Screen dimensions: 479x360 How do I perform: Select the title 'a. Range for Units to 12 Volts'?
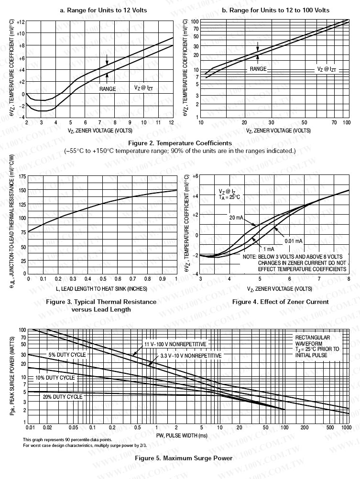[103, 10]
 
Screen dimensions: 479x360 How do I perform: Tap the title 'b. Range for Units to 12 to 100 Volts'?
[276, 10]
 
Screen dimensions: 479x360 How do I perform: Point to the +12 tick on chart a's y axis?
[21, 22]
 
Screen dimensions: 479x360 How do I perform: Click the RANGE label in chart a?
[108, 89]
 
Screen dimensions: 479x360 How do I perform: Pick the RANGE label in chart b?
[258, 69]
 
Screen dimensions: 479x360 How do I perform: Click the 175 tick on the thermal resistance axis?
[22, 176]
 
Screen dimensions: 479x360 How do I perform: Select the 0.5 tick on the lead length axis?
[103, 279]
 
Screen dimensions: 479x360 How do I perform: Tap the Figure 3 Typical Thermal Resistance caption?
[100, 305]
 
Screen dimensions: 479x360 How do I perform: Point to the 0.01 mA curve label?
[294, 240]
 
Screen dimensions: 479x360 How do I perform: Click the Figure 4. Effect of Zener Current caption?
[280, 302]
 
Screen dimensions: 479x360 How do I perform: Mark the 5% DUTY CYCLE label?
[66, 355]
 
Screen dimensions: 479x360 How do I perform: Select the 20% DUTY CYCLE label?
[63, 396]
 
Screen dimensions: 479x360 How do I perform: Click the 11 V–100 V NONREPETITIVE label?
[175, 344]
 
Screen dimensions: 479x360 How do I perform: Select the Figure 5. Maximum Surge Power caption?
[184, 458]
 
